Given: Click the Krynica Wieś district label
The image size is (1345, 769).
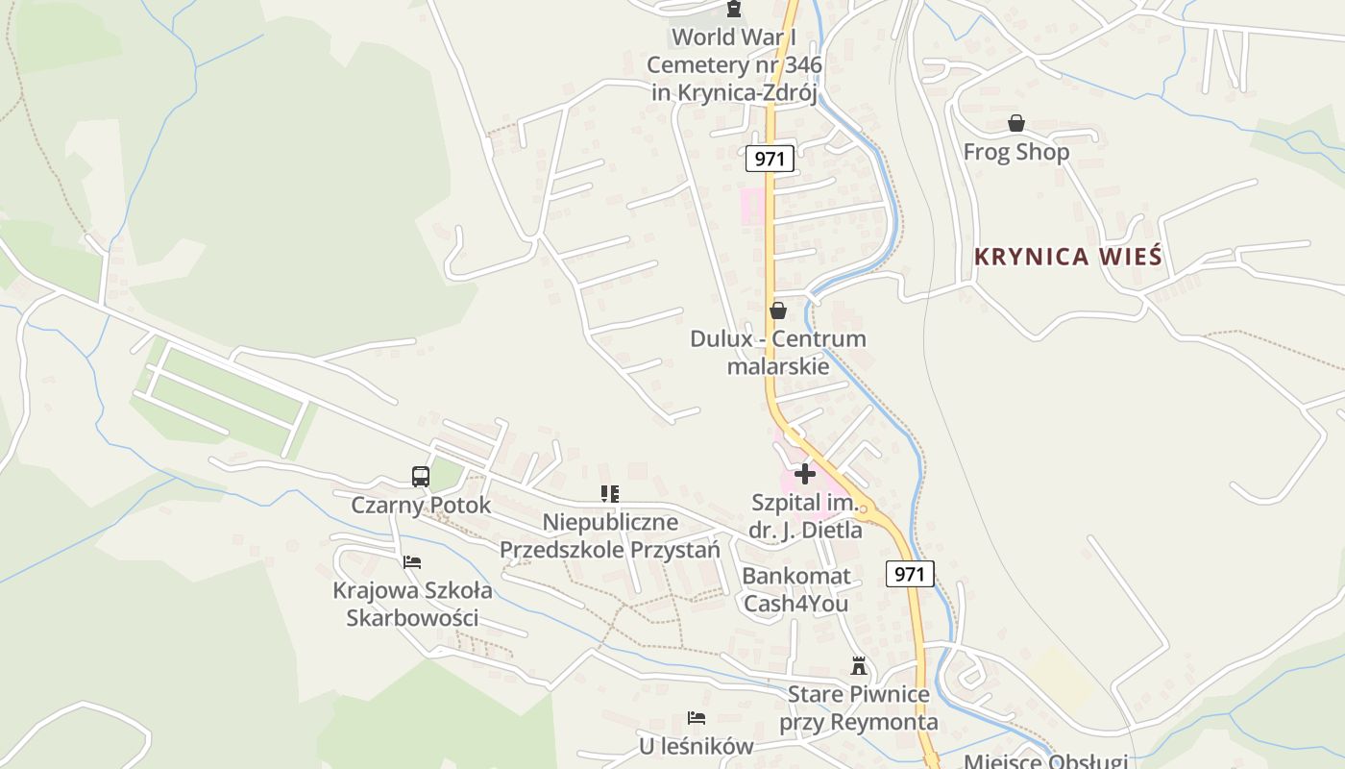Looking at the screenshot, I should point(1067,257).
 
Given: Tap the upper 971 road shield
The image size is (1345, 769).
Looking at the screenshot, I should point(770,159).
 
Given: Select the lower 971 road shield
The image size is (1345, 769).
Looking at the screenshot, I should point(909,574).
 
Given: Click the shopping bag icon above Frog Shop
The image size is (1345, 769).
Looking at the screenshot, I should point(1015,123).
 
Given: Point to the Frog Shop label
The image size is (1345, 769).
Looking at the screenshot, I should point(1015,152).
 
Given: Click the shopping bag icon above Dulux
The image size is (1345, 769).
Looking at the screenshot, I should point(778,310).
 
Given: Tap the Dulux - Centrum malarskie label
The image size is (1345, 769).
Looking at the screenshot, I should point(778,352).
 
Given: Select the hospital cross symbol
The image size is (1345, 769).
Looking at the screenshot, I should point(805,473).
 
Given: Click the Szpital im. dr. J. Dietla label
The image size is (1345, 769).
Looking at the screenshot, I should point(805,515).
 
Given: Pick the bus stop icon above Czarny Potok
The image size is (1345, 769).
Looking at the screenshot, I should point(421,476).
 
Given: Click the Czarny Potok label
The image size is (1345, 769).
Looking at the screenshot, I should point(421,505).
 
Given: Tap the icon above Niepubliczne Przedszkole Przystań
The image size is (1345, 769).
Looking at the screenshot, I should point(609,494).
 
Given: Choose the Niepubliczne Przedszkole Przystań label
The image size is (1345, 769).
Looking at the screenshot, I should point(609,535).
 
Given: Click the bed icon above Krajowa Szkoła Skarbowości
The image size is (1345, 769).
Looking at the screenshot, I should point(412,562).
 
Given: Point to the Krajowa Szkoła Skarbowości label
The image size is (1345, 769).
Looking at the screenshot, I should point(412,604).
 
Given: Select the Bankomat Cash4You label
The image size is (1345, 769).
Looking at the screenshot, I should point(796,589).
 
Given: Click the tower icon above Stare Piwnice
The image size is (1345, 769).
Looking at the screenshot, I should point(858,665).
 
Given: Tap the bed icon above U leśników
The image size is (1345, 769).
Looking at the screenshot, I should point(697,718).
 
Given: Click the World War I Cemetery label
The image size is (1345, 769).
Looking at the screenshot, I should point(734,64).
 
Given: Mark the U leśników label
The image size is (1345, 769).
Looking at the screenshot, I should point(697,746).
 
